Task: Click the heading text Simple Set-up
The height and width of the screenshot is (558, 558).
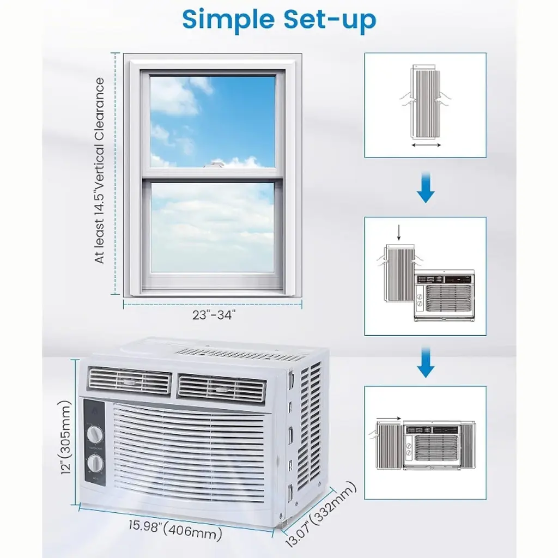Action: [279, 20]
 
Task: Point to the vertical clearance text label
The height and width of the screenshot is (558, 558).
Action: [100, 171]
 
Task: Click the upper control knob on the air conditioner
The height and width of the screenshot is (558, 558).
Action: [95, 434]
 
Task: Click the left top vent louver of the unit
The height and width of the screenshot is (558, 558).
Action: [129, 381]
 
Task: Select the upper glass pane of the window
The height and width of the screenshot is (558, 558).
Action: [213, 121]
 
